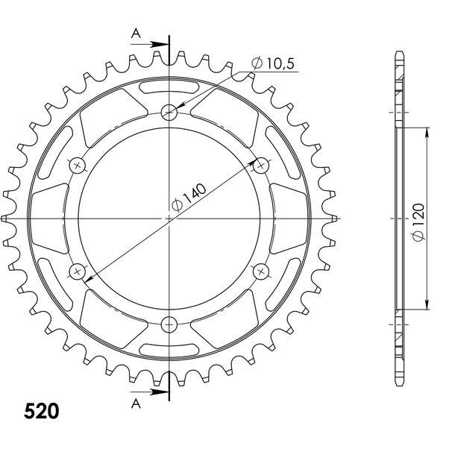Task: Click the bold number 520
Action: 42,411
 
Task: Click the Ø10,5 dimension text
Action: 273,63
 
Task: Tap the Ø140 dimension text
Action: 189,197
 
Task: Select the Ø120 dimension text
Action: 418,222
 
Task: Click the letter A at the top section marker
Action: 136,34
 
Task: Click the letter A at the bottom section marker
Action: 136,404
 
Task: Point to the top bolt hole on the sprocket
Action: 169,111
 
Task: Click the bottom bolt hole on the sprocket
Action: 169,324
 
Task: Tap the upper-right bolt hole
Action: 261,166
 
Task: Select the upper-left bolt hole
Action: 77,166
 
